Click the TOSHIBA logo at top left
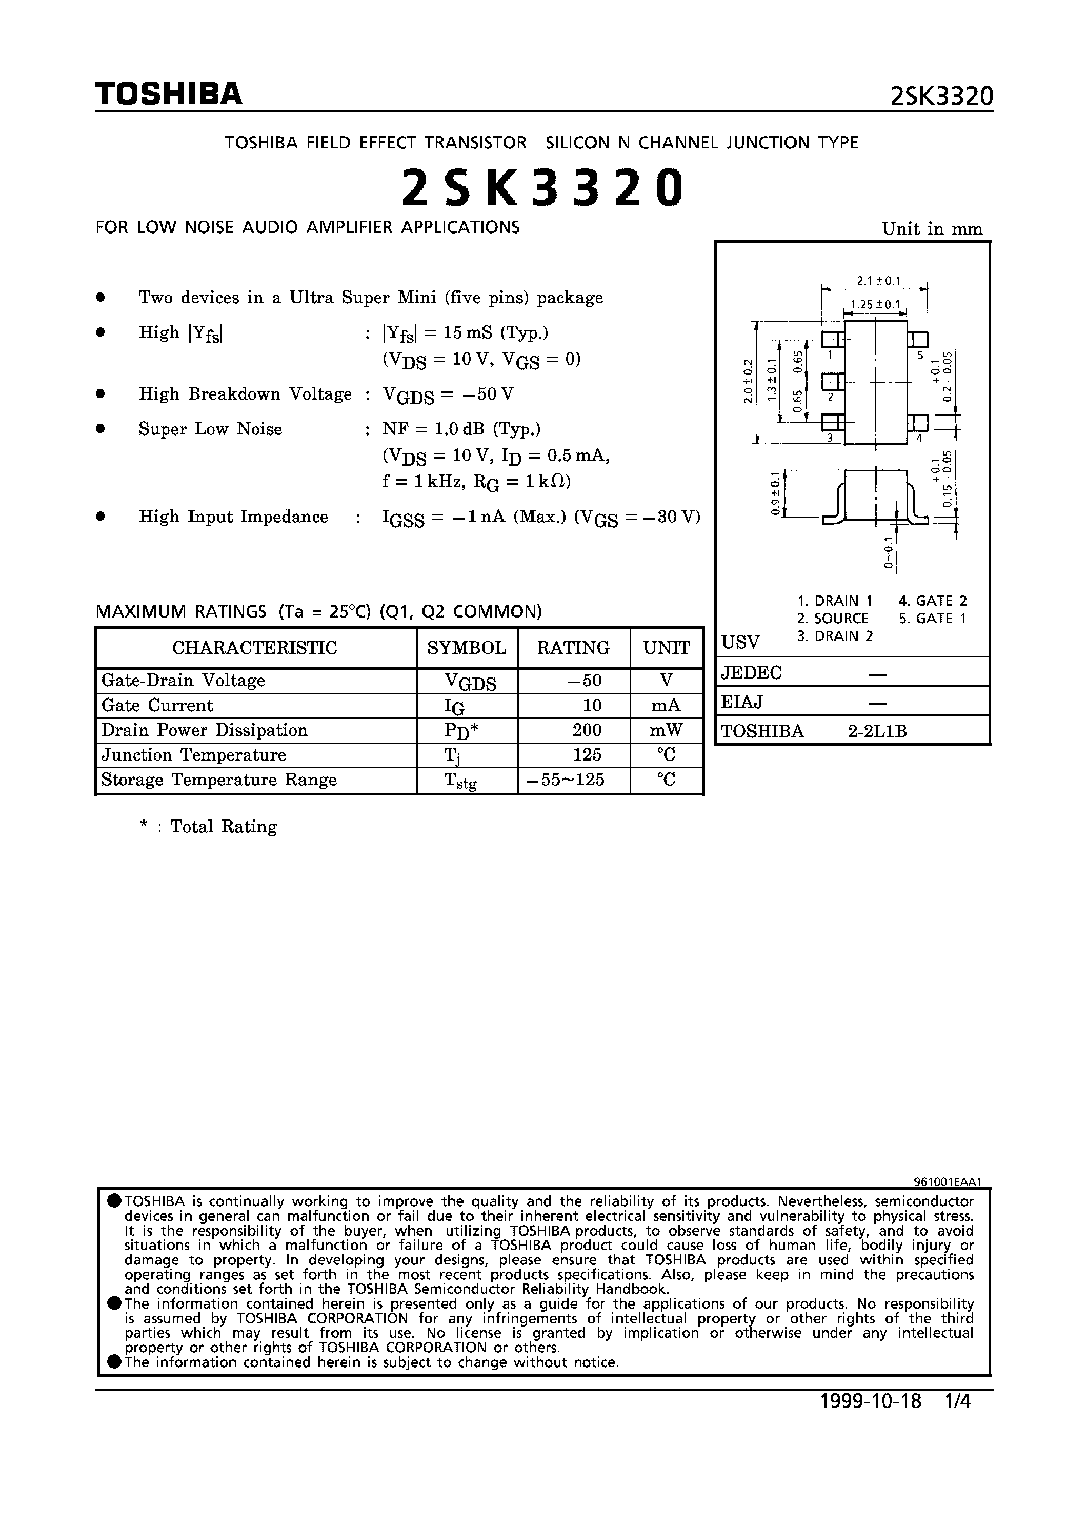pos(168,94)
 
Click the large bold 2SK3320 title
pos(543,188)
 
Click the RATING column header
pos(573,647)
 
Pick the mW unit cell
pos(666,730)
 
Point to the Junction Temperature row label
pos(194,755)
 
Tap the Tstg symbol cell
pos(460,781)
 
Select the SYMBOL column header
pos(467,647)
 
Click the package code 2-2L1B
pos(877,732)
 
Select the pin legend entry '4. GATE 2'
pos(933,601)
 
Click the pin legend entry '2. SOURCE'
pos(832,618)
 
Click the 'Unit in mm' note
pos(931,229)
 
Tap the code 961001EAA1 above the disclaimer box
pos(948,1182)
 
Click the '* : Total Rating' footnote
pos(208,827)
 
